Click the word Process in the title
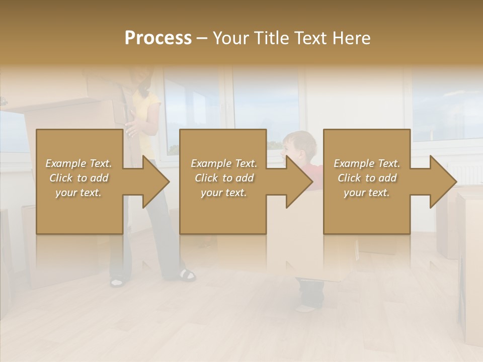pos(158,38)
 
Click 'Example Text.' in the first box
pos(78,163)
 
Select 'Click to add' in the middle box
pos(224,178)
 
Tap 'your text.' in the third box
pos(366,193)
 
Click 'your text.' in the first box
pos(78,193)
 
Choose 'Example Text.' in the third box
pos(366,163)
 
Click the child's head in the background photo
pos(299,146)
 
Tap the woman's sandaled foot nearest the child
pos(186,275)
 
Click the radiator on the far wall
pos(465,173)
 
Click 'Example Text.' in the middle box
pos(224,163)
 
